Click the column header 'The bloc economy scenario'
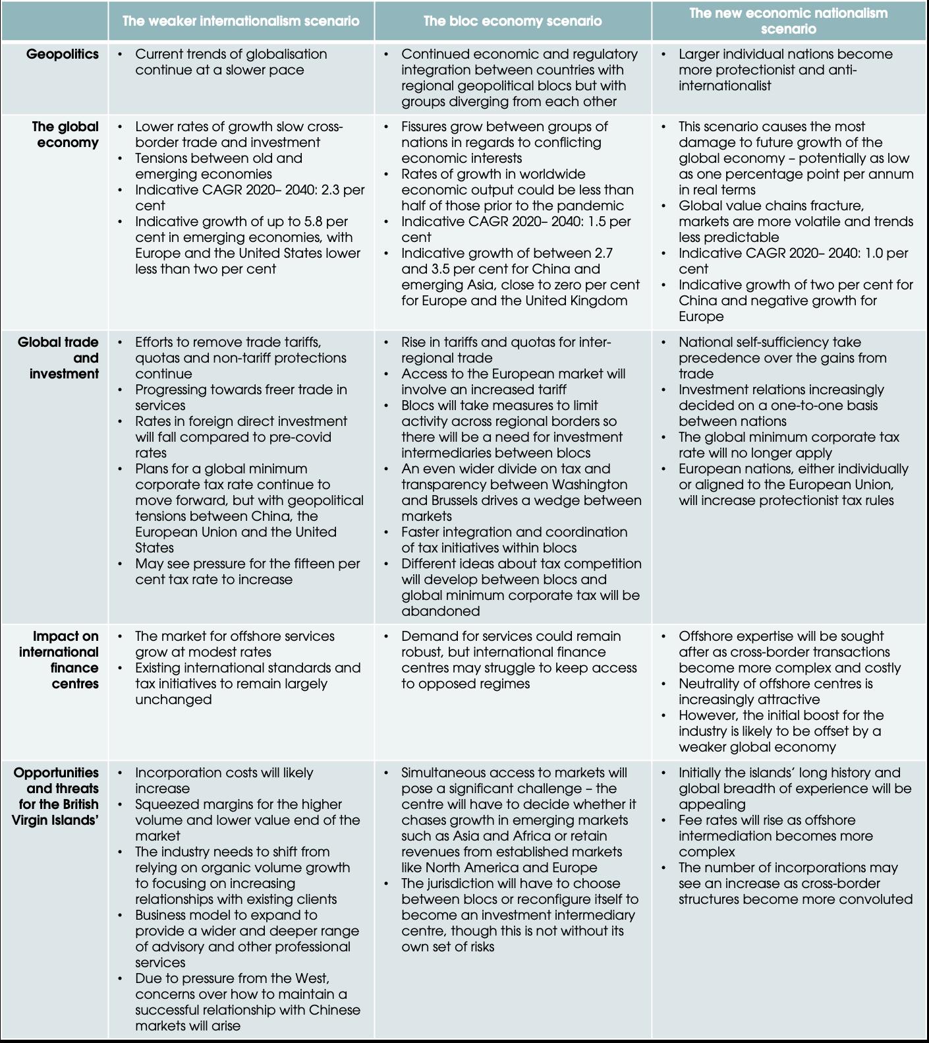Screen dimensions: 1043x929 tap(512, 21)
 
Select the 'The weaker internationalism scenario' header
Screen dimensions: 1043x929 tap(240, 21)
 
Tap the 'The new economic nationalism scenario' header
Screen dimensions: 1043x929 tap(788, 21)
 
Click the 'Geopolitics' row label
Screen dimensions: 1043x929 tap(63, 54)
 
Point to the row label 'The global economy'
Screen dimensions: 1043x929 tap(65, 134)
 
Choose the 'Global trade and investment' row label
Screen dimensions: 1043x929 tap(59, 358)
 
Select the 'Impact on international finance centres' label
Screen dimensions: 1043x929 tap(59, 660)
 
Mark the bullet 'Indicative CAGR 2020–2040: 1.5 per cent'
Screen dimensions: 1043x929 tap(516, 229)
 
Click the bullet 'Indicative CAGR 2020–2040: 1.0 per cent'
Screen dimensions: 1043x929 tap(793, 261)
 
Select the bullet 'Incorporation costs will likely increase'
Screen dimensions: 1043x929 tap(224, 781)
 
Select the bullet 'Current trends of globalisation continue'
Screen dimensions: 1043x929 tap(231, 62)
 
